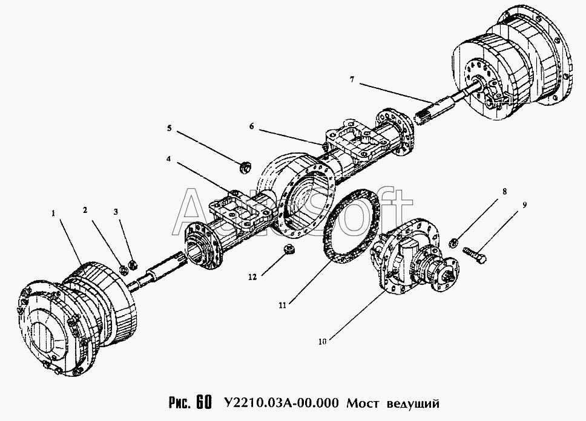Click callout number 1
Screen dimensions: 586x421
click(x=53, y=214)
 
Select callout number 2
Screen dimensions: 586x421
click(x=85, y=211)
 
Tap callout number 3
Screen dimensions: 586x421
click(x=116, y=212)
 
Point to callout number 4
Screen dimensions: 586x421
click(x=168, y=158)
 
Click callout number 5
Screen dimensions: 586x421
click(x=170, y=128)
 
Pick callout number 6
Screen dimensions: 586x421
click(x=251, y=126)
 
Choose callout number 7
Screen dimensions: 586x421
click(x=352, y=80)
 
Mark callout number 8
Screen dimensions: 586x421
click(x=504, y=192)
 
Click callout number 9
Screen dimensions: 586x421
click(x=525, y=204)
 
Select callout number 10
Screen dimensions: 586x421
click(x=323, y=341)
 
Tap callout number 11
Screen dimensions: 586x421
click(x=282, y=305)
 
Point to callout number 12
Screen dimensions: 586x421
click(x=252, y=277)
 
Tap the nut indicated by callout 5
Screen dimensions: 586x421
click(x=245, y=167)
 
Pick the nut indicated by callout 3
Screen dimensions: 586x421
click(x=131, y=266)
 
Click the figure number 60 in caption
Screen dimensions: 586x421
click(x=203, y=402)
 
